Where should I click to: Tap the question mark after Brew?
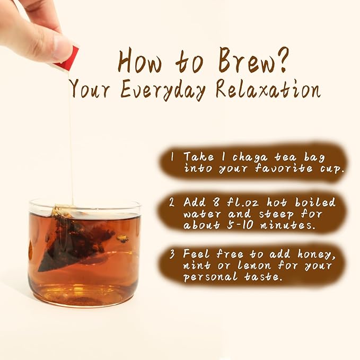coord(281,59)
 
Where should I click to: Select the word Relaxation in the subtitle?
coord(268,90)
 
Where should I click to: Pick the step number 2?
coord(172,203)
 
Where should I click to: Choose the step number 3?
coord(172,254)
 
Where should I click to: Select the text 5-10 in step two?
coord(240,225)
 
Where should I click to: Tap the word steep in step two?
coord(276,214)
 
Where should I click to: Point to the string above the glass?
coord(71,137)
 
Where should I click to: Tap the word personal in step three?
coord(210,276)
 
